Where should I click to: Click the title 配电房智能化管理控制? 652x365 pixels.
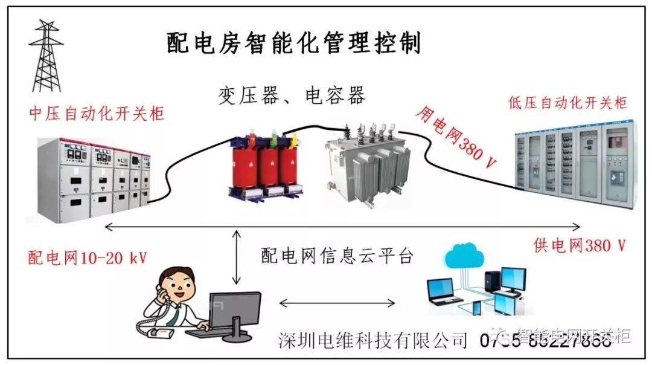tap(294, 44)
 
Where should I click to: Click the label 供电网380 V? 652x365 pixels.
tap(580, 245)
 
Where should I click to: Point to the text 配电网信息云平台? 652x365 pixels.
tap(337, 256)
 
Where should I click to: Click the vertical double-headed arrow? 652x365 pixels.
tap(237, 257)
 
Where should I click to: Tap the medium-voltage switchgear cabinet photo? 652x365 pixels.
tap(94, 179)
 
